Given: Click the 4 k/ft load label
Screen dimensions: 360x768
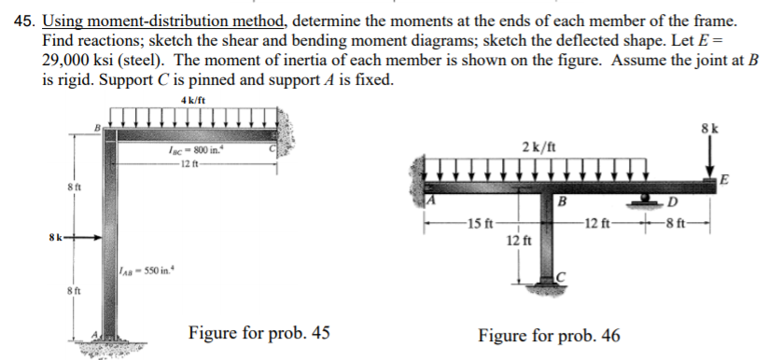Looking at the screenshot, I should click(196, 101).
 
